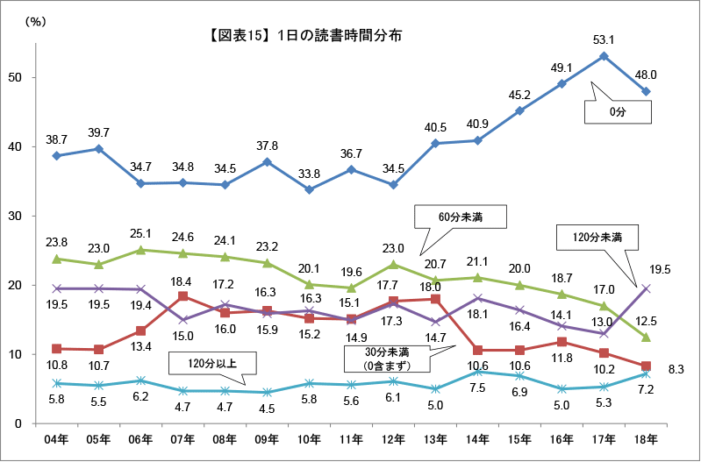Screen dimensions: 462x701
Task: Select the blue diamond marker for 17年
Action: (x=604, y=56)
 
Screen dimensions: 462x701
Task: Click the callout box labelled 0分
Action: (x=619, y=112)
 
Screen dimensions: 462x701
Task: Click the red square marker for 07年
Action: (x=182, y=296)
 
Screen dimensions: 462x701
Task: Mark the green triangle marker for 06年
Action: (x=140, y=250)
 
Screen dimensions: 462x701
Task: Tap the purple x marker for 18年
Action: (x=646, y=288)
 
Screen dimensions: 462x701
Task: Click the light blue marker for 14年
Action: (x=477, y=372)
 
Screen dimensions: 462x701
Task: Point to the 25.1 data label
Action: (x=140, y=232)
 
